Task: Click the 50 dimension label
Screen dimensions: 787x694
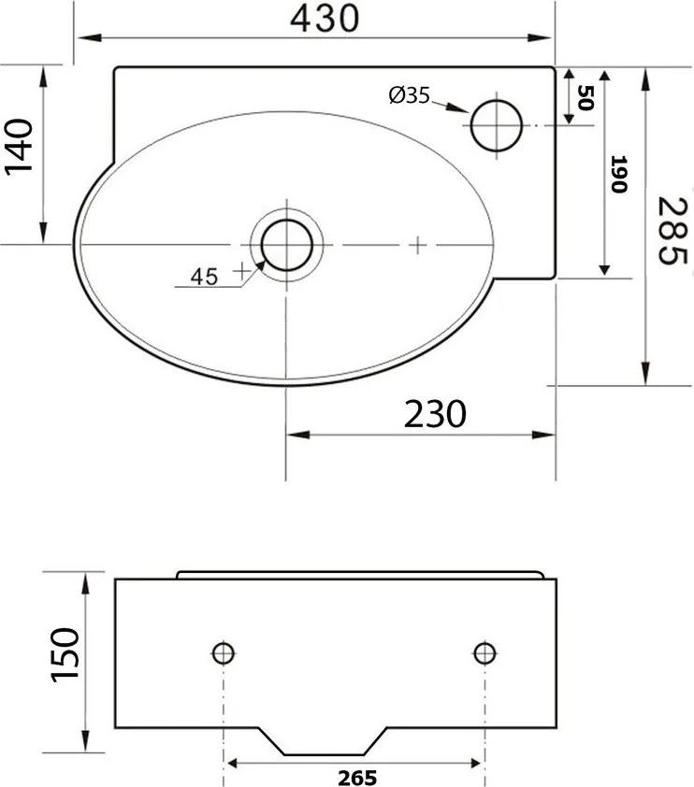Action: tap(586, 97)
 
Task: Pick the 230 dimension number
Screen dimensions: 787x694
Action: tap(435, 412)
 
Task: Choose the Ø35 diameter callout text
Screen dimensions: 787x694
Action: tap(408, 94)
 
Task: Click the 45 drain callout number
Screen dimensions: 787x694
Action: tap(204, 276)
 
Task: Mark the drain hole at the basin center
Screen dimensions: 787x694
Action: tap(286, 244)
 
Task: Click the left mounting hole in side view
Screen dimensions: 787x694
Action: tap(224, 651)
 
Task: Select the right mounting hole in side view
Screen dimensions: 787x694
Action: tap(484, 651)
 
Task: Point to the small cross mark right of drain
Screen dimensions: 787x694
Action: tap(417, 245)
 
